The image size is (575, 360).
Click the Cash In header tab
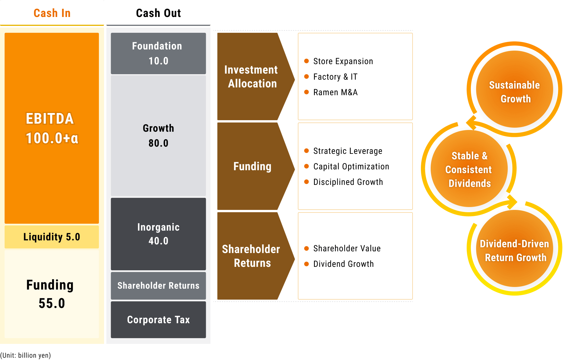tap(52, 13)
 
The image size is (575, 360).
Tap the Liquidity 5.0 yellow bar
tap(52, 237)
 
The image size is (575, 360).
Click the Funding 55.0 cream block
tap(52, 294)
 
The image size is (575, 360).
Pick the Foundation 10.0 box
tap(158, 53)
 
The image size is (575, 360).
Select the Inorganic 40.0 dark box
tap(158, 234)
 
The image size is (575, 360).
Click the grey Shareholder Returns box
tap(158, 286)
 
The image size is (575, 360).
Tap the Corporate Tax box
tap(158, 320)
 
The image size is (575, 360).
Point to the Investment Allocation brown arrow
tap(252, 76)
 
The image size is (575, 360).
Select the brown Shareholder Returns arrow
tap(251, 256)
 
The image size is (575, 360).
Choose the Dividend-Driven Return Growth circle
tap(515, 249)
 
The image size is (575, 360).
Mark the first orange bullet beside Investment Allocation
tap(306, 61)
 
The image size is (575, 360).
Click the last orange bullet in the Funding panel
tap(306, 182)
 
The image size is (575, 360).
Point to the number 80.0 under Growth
tap(158, 143)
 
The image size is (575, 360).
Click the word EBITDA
tap(50, 119)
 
